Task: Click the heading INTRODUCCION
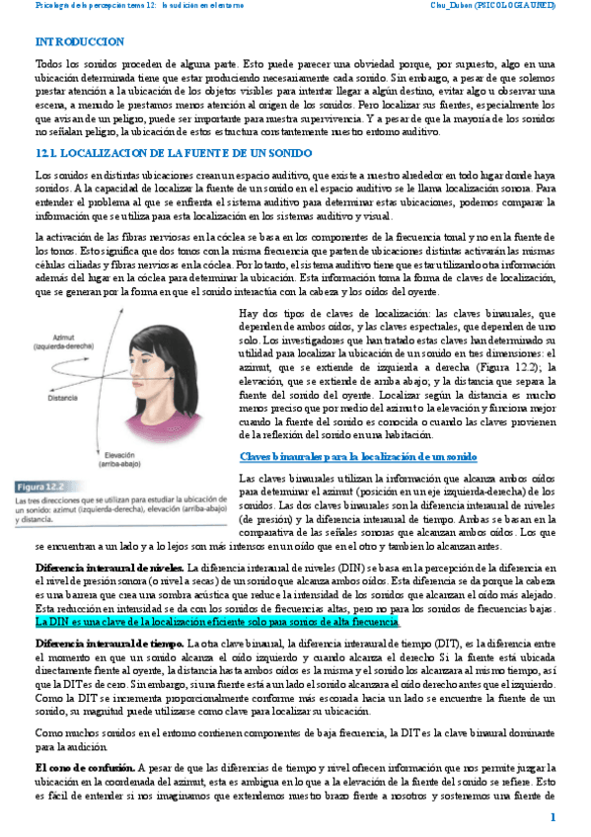tap(79, 41)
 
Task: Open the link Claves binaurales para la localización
tap(358, 457)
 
